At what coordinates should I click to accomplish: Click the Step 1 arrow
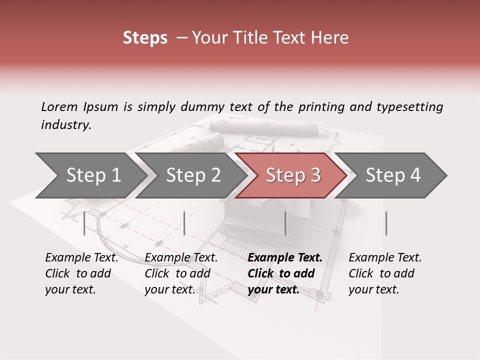coord(93,175)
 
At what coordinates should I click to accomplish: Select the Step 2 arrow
coord(193,175)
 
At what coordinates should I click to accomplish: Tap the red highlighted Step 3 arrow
coord(293,175)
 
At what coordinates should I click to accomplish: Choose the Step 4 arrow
coord(393,175)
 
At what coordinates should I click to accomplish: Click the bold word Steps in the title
coord(145,38)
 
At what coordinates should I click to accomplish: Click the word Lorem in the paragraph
coord(59,106)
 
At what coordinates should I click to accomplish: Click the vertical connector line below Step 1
coord(84,223)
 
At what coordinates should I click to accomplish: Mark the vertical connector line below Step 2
coord(184,223)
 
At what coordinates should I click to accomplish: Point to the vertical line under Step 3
coord(285,223)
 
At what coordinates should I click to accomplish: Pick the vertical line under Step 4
coord(386,223)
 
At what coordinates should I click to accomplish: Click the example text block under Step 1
coord(81,273)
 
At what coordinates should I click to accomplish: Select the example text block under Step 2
coord(181,273)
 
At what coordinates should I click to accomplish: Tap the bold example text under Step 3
coord(284,273)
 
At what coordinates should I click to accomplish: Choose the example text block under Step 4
coord(385,273)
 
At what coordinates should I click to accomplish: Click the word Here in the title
coord(332,38)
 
